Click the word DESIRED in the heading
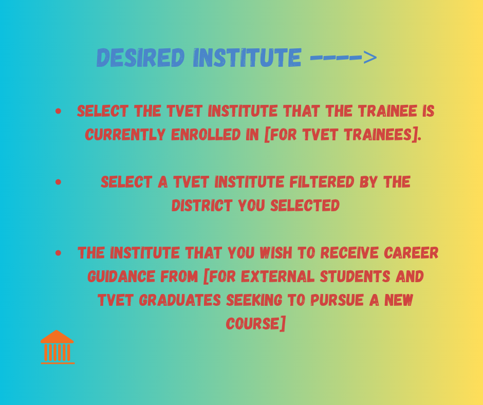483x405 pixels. coord(140,58)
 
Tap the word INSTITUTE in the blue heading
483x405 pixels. coord(247,58)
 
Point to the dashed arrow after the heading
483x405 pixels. coord(343,58)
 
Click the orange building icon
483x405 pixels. coord(58,347)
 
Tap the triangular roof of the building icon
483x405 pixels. coord(57,337)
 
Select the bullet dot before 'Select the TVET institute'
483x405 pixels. coord(58,111)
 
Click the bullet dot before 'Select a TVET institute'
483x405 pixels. coord(58,182)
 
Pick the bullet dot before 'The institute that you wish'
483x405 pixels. coord(58,253)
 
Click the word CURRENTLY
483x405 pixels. coord(125,135)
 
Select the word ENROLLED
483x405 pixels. coord(206,135)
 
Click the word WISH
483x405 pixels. coord(276,253)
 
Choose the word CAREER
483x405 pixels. coord(411,253)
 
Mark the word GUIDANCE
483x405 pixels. coord(121,277)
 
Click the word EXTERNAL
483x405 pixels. coord(278,277)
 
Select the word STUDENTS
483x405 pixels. coord(355,277)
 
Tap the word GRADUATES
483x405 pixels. coord(180,300)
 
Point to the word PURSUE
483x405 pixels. coord(337,300)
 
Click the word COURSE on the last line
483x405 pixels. coord(253,324)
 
